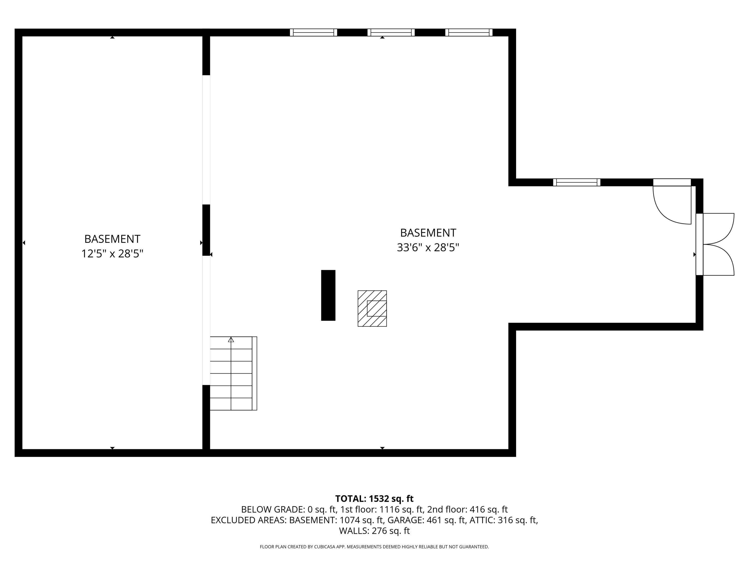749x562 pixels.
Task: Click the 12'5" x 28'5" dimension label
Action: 112,254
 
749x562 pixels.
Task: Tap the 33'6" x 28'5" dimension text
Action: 428,248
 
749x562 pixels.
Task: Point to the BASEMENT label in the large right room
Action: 428,233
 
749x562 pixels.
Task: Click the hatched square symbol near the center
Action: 372,308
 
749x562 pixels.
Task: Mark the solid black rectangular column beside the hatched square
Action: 328,295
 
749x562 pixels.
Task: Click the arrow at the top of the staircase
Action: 231,339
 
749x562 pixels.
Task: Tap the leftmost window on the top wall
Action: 313,32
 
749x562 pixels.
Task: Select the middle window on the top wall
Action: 391,32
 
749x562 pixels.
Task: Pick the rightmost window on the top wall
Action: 469,32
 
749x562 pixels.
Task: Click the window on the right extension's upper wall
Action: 577,182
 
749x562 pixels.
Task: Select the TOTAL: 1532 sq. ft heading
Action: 374,499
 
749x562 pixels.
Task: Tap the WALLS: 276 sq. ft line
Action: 374,531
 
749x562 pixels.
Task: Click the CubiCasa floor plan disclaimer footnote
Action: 374,547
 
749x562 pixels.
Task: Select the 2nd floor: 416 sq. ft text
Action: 467,510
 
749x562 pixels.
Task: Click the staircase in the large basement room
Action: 233,373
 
